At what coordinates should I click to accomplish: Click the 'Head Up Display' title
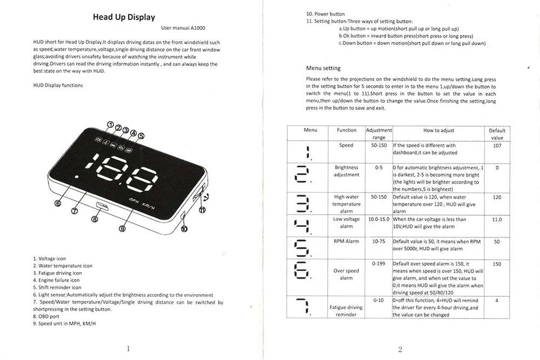pyautogui.click(x=124, y=17)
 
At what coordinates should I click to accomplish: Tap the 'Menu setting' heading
pyautogui.click(x=323, y=68)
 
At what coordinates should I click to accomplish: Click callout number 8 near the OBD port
pyautogui.click(x=94, y=219)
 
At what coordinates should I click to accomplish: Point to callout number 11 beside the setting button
pyautogui.click(x=202, y=209)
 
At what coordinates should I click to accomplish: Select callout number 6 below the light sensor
pyautogui.click(x=58, y=203)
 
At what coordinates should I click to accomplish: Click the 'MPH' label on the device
pyautogui.click(x=133, y=200)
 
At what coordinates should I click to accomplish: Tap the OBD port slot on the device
pyautogui.click(x=103, y=206)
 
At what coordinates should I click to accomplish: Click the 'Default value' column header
pyautogui.click(x=497, y=134)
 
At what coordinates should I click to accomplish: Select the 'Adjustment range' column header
pyautogui.click(x=379, y=134)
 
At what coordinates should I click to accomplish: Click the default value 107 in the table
pyautogui.click(x=497, y=146)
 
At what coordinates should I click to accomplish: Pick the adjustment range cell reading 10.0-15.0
pyautogui.click(x=379, y=219)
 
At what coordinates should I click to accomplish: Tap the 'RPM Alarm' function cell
pyautogui.click(x=346, y=241)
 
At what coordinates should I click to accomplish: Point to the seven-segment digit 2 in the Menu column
pyautogui.click(x=302, y=174)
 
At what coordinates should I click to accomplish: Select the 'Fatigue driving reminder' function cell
pyautogui.click(x=346, y=311)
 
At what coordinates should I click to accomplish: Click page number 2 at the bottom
pyautogui.click(x=400, y=350)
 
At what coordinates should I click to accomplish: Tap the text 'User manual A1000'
pyautogui.click(x=183, y=28)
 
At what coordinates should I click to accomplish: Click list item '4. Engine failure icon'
pyautogui.click(x=57, y=280)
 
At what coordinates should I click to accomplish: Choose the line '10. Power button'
pyautogui.click(x=326, y=14)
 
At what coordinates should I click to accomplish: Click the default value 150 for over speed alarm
pyautogui.click(x=497, y=264)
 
